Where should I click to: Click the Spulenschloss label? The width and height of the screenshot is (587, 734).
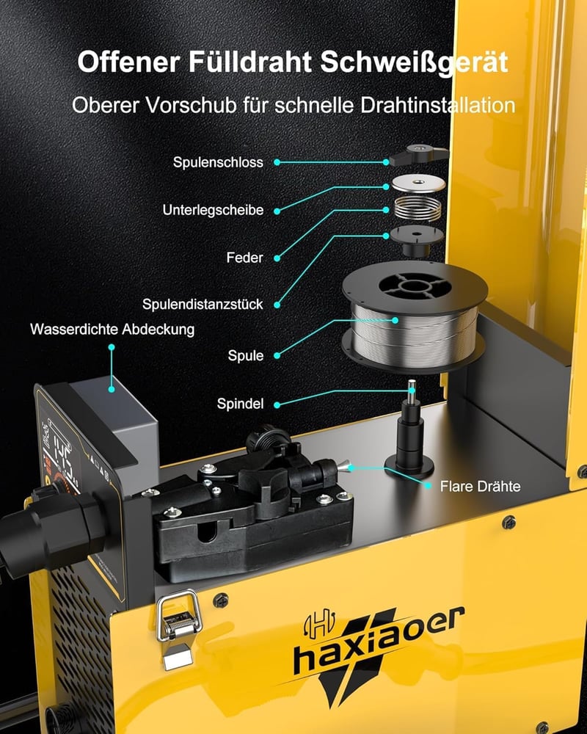click(x=218, y=162)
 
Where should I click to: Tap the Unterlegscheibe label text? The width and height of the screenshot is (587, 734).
click(x=213, y=210)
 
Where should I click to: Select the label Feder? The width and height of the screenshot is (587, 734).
click(x=245, y=258)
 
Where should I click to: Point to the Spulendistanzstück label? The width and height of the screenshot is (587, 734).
click(x=203, y=305)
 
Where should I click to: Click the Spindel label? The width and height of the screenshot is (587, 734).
click(x=240, y=404)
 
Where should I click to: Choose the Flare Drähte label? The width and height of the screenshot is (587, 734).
click(x=481, y=487)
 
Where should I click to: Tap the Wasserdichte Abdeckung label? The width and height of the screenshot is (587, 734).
click(x=112, y=329)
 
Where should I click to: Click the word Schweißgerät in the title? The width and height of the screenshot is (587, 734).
click(x=415, y=62)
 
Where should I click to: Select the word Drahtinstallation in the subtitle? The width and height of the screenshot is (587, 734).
click(x=437, y=105)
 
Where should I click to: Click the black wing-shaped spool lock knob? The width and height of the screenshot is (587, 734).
click(x=418, y=154)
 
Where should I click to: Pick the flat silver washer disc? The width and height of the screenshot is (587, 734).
click(x=418, y=183)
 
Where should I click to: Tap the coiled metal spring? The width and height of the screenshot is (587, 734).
click(x=418, y=208)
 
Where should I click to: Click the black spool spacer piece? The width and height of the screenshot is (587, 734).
click(x=416, y=240)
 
